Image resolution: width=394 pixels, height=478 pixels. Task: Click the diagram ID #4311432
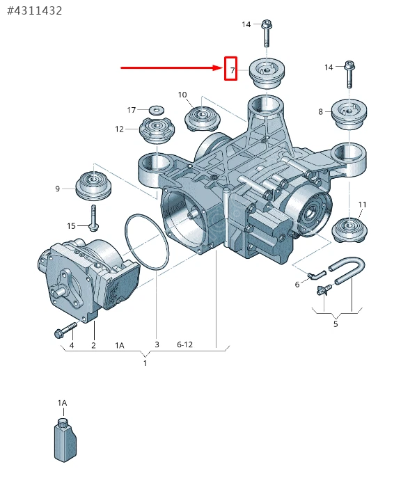click(35, 11)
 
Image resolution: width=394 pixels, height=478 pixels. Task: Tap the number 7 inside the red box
click(233, 70)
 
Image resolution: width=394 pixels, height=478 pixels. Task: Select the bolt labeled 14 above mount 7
click(267, 33)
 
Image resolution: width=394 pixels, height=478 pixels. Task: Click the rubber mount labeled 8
click(349, 114)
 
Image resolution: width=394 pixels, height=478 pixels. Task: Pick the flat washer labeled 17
click(157, 109)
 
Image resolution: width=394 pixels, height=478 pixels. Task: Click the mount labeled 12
click(157, 132)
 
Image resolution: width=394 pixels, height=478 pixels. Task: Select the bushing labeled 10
click(203, 118)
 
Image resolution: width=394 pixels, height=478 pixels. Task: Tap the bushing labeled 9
click(93, 185)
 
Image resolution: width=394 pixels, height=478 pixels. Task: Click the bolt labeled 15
click(93, 218)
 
